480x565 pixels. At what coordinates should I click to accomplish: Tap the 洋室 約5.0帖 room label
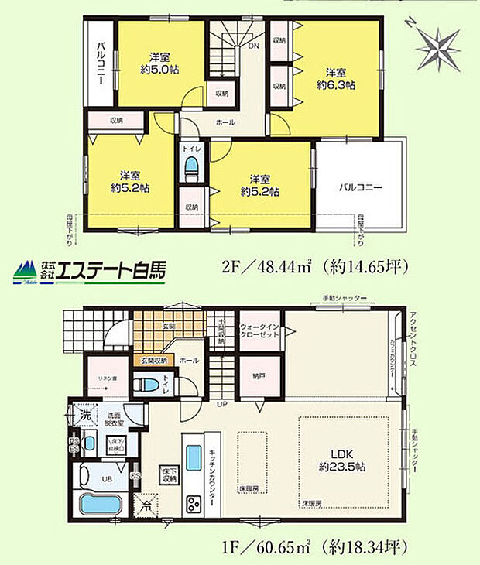pos(159,62)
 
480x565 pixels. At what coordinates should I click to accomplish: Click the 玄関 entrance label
pos(169,326)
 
